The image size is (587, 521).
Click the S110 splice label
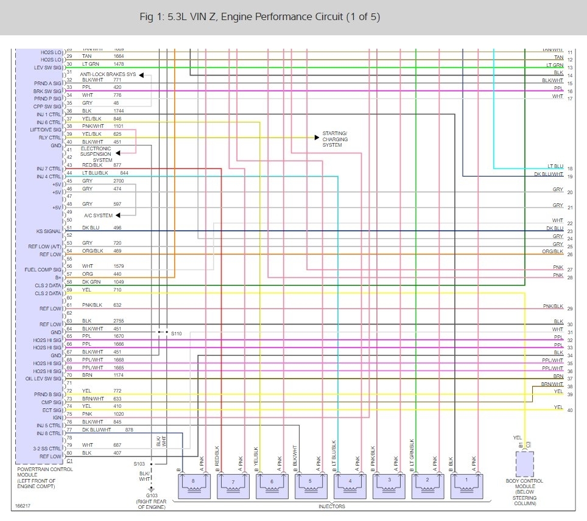[x=176, y=334]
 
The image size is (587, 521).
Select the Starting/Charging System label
[x=335, y=139]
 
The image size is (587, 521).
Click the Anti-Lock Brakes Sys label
[x=108, y=75]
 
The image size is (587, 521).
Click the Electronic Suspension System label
[x=96, y=155]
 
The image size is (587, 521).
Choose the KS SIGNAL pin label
[x=49, y=231]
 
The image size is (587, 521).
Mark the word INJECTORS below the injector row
[x=332, y=506]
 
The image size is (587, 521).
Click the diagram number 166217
[x=22, y=506]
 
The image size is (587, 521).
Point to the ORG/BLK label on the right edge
[x=552, y=251]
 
